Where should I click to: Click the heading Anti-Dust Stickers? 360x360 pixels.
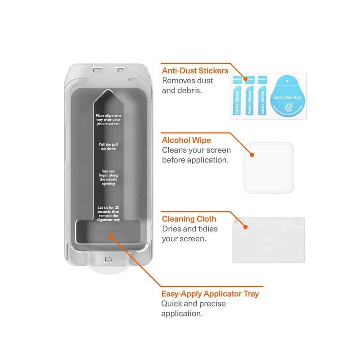[195, 71]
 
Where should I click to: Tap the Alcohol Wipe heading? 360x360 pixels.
[187, 140]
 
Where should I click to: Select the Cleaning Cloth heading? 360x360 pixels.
[189, 219]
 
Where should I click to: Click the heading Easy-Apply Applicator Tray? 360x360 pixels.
[210, 294]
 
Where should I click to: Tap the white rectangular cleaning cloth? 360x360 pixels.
[268, 239]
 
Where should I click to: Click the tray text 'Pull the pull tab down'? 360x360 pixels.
[108, 147]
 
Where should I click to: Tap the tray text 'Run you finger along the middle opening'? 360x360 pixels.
[108, 177]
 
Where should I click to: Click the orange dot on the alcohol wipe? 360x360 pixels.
[252, 155]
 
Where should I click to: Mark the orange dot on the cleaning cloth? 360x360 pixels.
[245, 227]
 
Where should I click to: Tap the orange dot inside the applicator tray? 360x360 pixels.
[109, 235]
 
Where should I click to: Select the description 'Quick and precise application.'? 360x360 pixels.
[193, 308]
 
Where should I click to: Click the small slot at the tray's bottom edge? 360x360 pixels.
[108, 260]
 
